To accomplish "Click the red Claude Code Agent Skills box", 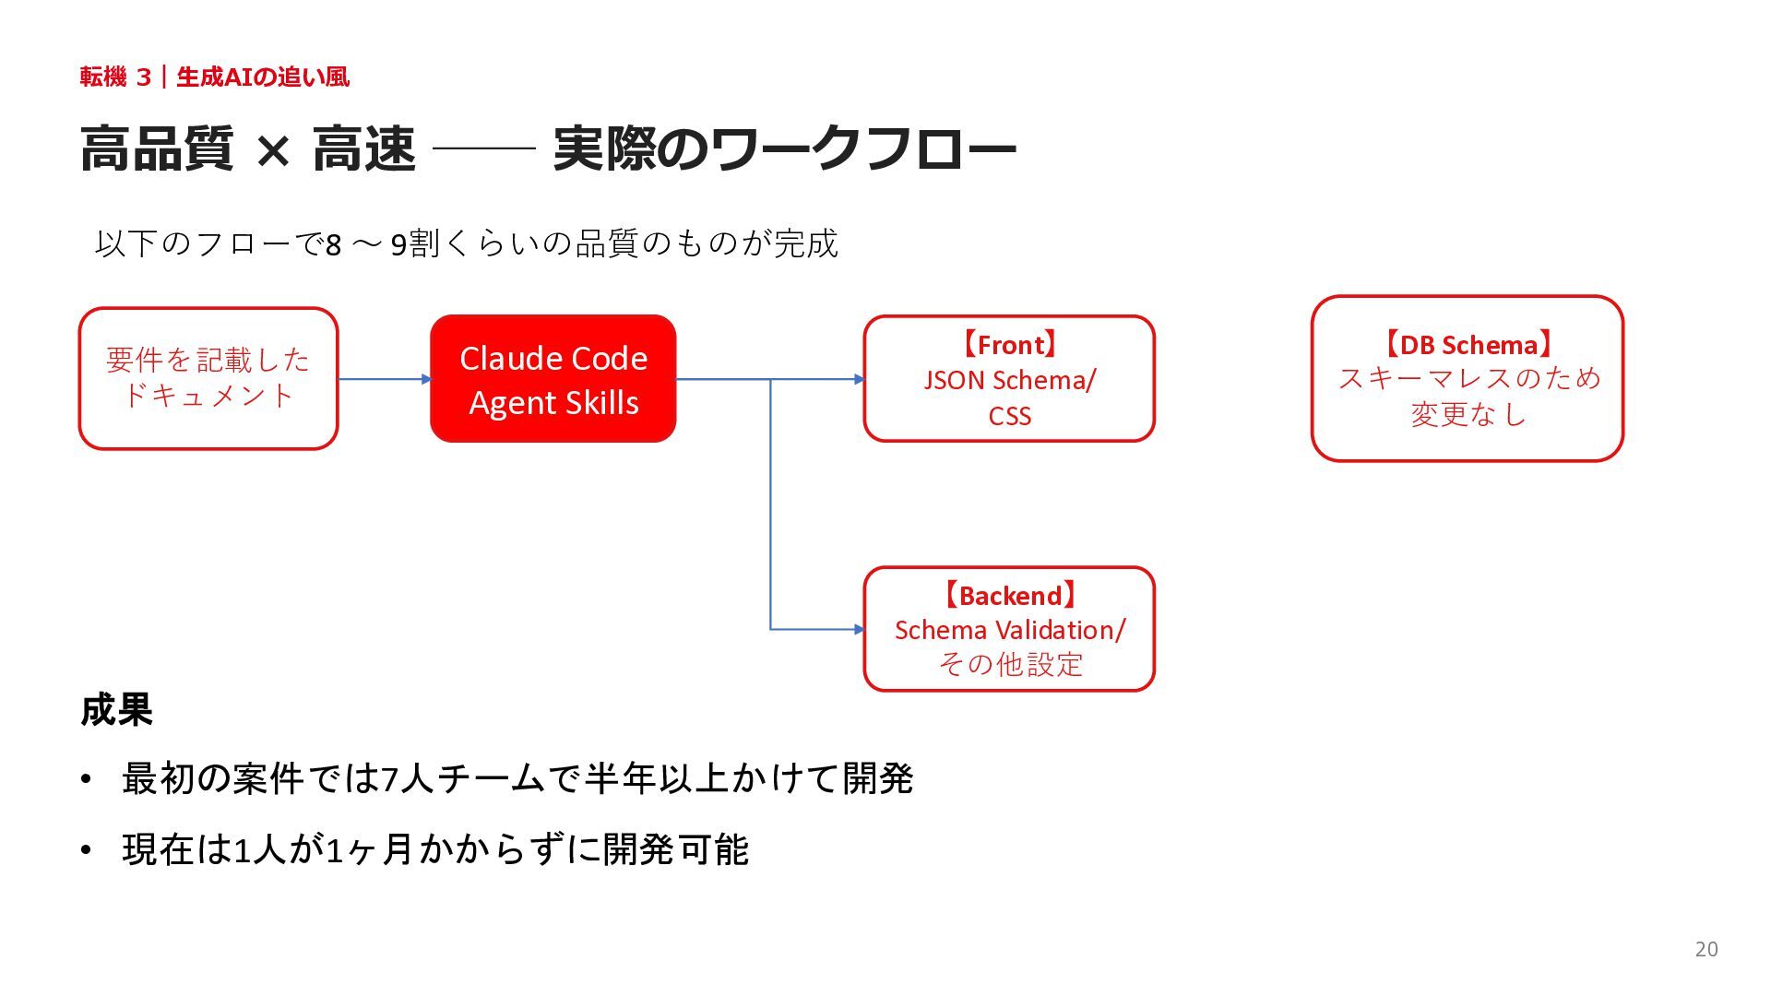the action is click(553, 378).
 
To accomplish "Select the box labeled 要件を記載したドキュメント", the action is click(208, 378).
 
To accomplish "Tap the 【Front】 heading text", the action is click(1009, 345).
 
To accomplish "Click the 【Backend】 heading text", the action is click(1009, 596).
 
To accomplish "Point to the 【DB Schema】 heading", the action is click(1467, 345).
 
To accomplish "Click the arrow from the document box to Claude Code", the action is click(385, 379).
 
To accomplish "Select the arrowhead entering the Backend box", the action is click(860, 630).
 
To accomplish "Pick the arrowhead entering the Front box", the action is click(860, 379).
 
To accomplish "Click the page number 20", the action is click(1706, 949).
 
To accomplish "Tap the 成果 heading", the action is click(116, 709).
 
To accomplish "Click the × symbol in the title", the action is click(273, 150).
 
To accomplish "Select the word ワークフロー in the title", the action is click(862, 149).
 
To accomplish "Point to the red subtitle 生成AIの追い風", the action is click(263, 77).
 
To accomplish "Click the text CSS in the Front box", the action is click(1009, 416).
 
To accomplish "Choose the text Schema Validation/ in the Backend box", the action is click(1009, 630).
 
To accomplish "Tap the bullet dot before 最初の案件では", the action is click(86, 780).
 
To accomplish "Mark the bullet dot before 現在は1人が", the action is click(86, 850).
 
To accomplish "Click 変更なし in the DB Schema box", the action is click(1467, 414).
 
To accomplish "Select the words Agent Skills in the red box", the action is click(553, 403).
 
